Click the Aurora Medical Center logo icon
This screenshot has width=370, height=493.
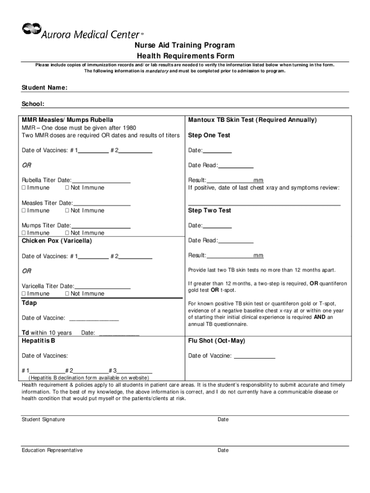click(x=31, y=30)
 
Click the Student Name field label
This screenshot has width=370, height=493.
click(x=44, y=88)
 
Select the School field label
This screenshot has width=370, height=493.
click(x=33, y=104)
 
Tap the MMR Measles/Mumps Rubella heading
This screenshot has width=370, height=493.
click(x=67, y=120)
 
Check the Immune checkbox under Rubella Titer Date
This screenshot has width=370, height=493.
click(x=24, y=188)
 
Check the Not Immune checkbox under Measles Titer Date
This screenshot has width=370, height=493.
click(x=67, y=211)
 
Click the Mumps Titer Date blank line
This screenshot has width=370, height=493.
click(x=101, y=225)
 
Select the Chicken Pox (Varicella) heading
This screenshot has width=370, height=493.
click(x=57, y=241)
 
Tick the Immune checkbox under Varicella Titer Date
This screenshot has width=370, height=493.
click(x=24, y=294)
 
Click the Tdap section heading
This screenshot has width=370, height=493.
click(x=29, y=303)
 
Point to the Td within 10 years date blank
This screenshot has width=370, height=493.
click(x=119, y=333)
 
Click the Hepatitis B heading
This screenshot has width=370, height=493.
click(x=38, y=341)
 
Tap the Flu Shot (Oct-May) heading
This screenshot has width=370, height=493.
click(x=217, y=341)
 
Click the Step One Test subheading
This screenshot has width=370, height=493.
click(x=210, y=135)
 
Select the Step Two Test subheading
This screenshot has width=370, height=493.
click(x=210, y=210)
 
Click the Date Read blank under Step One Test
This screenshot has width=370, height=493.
click(x=236, y=166)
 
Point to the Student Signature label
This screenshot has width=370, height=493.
click(x=43, y=419)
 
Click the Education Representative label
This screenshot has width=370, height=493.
click(x=52, y=450)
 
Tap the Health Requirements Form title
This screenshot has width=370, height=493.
click(x=185, y=56)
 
